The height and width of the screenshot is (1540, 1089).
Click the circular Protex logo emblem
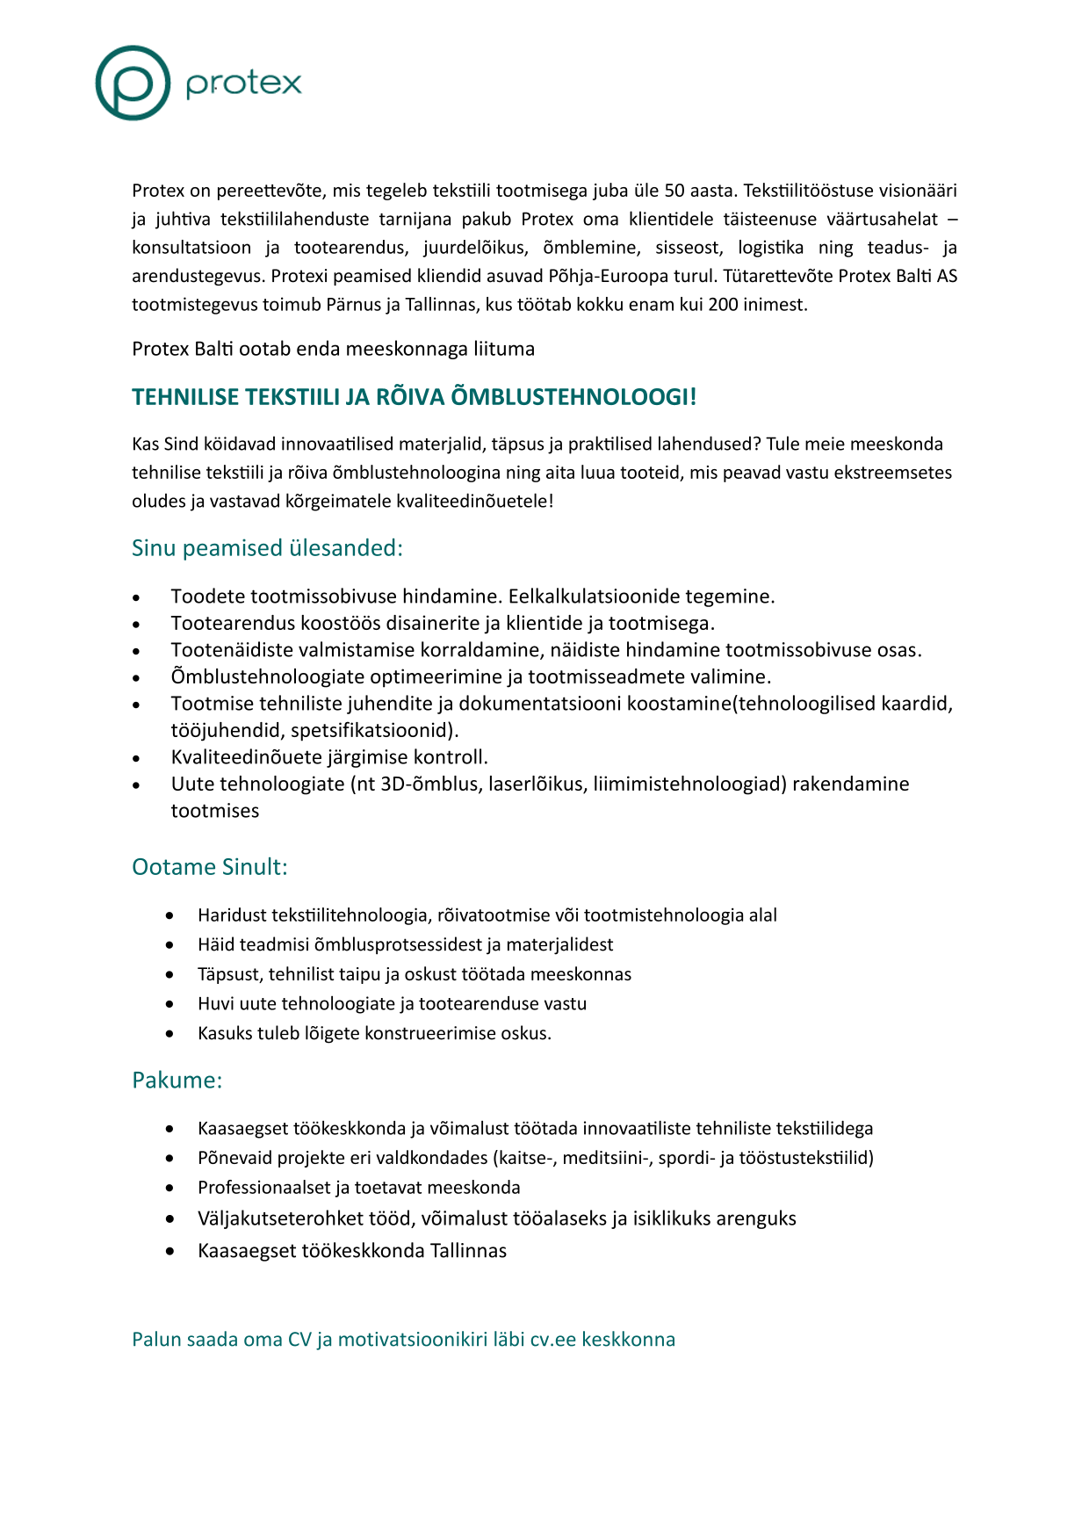(133, 83)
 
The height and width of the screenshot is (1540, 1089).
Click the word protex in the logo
(243, 83)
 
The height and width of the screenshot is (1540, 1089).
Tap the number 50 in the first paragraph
(674, 191)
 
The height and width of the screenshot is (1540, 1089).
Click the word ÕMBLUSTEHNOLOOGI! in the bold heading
(573, 397)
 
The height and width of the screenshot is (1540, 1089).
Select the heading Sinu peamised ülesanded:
(267, 548)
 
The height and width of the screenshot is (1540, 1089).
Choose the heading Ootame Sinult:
(210, 867)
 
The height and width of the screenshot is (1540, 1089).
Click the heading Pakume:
(177, 1080)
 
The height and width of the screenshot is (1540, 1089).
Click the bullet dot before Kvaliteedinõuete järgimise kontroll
(136, 758)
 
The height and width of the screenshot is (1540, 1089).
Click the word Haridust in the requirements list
(232, 915)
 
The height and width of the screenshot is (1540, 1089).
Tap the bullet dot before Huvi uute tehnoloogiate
(169, 1004)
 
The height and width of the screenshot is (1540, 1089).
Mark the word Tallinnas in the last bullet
(468, 1250)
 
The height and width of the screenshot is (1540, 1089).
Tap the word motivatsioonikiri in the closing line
(412, 1340)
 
